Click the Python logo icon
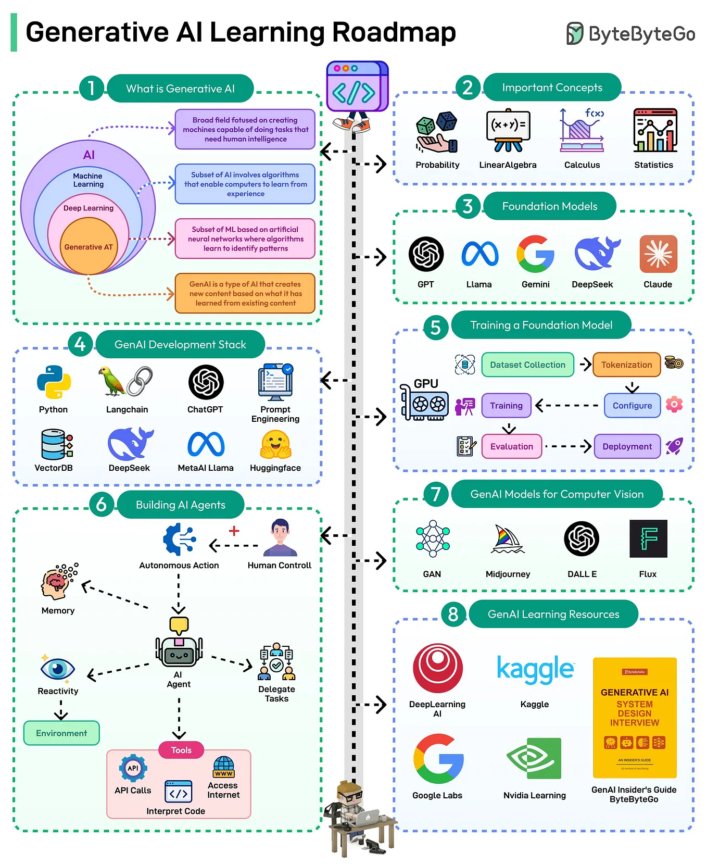coord(54,382)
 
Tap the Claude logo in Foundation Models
coord(658,254)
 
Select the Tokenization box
coord(626,365)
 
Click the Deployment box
coord(627,446)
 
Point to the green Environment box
coord(61,733)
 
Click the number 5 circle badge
coord(436,328)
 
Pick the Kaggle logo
coord(535,670)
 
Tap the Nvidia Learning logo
coord(534,758)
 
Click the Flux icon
coord(648,539)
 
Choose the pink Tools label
coord(181,750)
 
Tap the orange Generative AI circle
coord(89,246)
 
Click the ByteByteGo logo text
coord(641,34)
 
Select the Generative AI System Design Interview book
coord(635,718)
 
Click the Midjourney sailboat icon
coord(507,539)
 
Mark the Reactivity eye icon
coord(58,669)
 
